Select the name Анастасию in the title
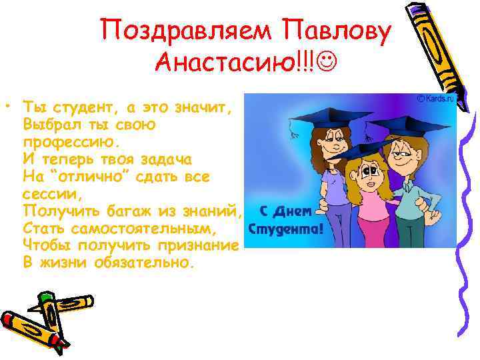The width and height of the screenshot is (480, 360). pos(224,63)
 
